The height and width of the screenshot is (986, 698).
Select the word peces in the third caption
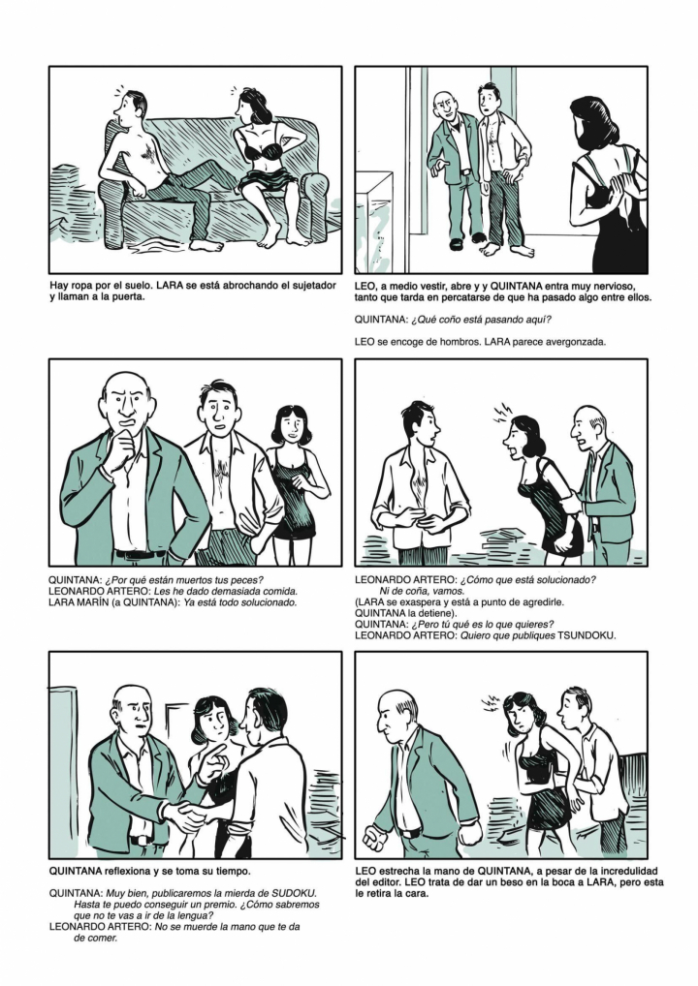[246, 580]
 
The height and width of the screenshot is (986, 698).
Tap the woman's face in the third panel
[290, 427]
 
